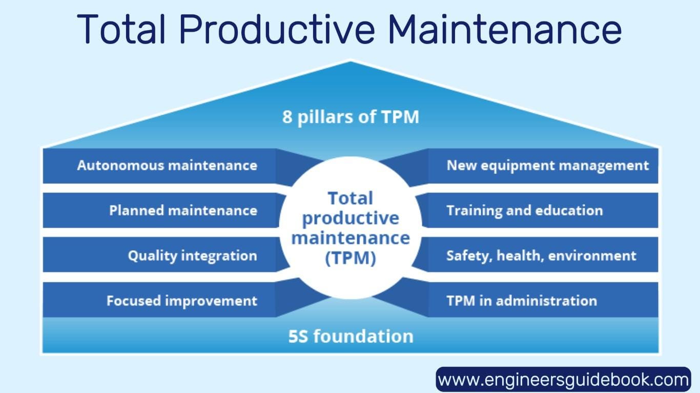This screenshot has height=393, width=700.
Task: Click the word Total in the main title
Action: point(121,29)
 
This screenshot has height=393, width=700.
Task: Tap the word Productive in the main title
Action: point(277,29)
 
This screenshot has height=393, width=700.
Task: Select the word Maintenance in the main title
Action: point(505,29)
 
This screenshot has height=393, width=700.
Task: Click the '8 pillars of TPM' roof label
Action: point(351,117)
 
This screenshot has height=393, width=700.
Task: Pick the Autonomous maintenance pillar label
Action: point(167,165)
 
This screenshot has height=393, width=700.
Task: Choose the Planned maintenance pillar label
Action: point(183,210)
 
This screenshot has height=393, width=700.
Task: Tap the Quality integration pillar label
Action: point(193,256)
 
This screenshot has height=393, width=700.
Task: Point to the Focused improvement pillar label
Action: point(182,301)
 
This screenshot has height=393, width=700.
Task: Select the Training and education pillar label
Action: point(525,211)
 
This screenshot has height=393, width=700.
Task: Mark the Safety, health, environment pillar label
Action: point(541,256)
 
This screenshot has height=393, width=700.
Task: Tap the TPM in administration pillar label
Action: point(522,301)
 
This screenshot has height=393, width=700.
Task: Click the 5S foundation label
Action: point(351,337)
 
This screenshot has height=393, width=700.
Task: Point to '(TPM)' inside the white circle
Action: point(351,258)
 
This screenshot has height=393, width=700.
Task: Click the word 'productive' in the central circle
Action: point(351,219)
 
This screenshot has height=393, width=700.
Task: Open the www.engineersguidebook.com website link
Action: point(563,380)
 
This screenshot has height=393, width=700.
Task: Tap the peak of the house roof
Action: point(351,60)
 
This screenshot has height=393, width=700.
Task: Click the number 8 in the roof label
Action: point(287,117)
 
